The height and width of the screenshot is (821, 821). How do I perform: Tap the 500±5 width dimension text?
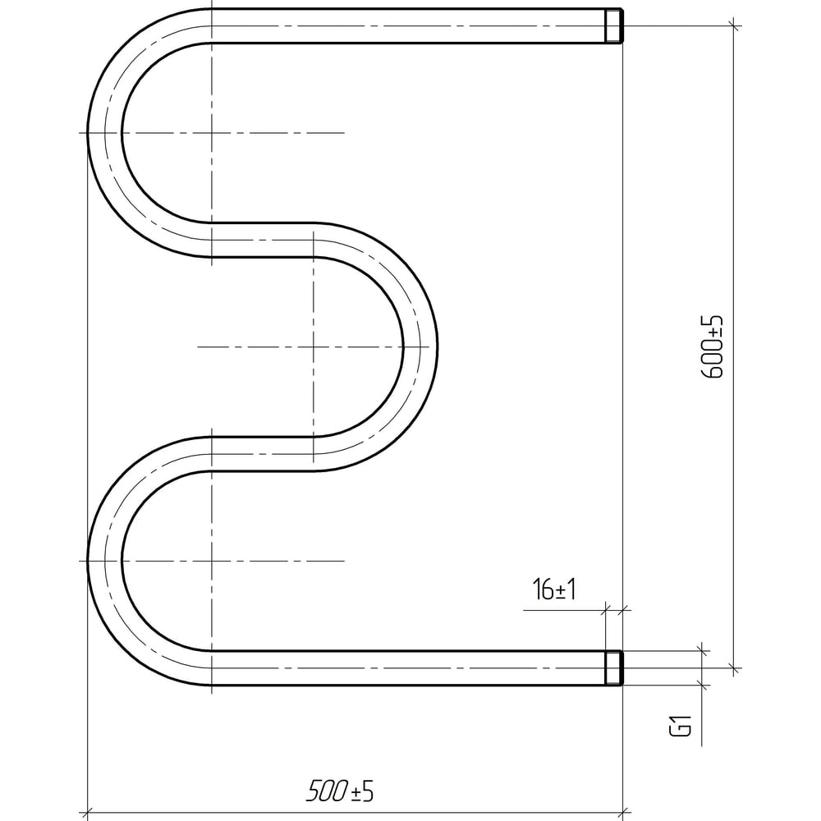[x=340, y=791]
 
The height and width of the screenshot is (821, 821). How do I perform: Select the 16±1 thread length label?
[x=554, y=589]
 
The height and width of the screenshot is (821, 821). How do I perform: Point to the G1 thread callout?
[x=681, y=726]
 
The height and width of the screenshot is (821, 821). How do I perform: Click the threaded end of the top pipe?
[x=613, y=25]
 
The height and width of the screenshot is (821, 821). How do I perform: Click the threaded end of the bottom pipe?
[x=613, y=668]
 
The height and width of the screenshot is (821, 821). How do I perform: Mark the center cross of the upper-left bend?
[x=212, y=133]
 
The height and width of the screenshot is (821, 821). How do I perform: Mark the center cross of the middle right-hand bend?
[x=313, y=346]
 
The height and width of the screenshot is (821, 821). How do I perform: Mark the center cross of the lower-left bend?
[x=212, y=562]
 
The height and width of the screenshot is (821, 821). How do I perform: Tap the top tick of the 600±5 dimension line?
[x=734, y=25]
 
